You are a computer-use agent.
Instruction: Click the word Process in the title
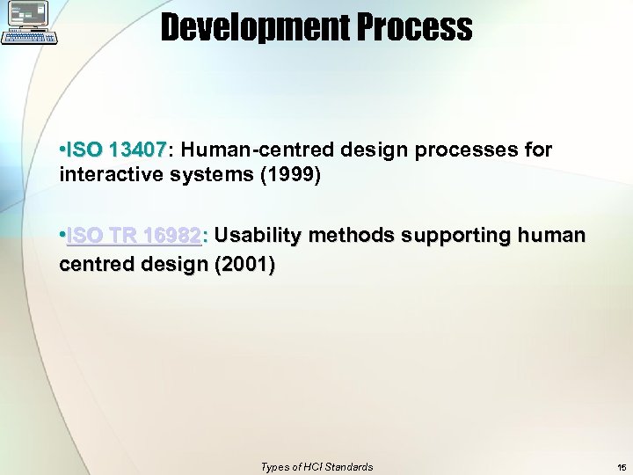click(x=418, y=28)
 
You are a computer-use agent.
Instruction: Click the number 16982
click(x=172, y=236)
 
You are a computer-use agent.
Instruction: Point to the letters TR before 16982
click(x=124, y=236)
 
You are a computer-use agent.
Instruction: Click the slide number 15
click(x=622, y=467)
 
